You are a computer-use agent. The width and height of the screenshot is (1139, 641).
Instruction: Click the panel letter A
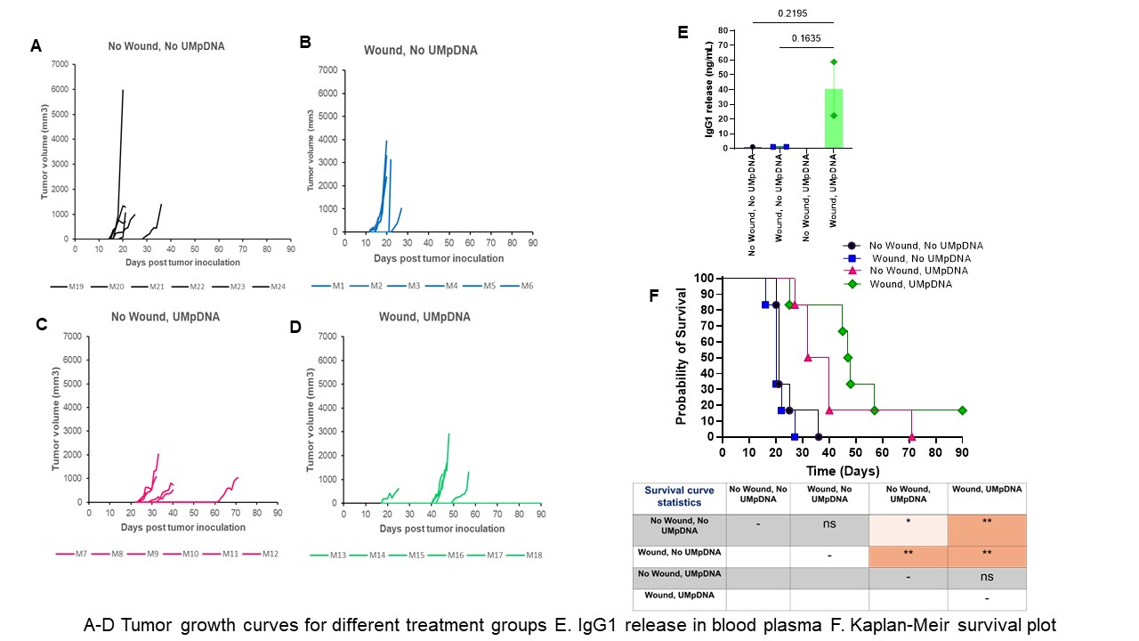point(36,45)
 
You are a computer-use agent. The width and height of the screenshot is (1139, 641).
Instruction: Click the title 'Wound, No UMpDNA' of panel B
point(420,51)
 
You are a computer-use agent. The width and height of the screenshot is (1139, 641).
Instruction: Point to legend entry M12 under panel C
point(271,554)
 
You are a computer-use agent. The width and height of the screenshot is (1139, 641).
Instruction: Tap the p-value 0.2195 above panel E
point(791,13)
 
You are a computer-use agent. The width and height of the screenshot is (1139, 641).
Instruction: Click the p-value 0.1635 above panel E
point(806,38)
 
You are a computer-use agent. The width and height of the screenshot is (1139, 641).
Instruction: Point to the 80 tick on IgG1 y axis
point(723,30)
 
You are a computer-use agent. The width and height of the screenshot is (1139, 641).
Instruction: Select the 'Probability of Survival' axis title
point(683,356)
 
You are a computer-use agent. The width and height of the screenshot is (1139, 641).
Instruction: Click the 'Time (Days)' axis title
point(843,471)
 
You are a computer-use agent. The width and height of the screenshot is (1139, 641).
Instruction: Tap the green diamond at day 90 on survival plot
point(962,410)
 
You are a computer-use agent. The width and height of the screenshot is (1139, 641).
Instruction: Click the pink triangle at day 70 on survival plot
point(911,436)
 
